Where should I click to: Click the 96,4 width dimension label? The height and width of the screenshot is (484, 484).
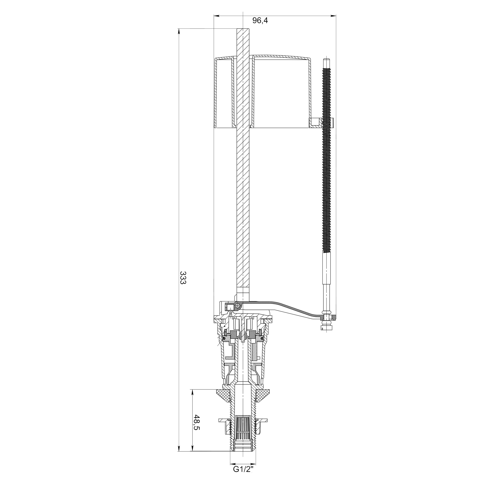pos(260,21)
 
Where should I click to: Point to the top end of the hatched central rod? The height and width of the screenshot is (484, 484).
pos(243,29)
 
